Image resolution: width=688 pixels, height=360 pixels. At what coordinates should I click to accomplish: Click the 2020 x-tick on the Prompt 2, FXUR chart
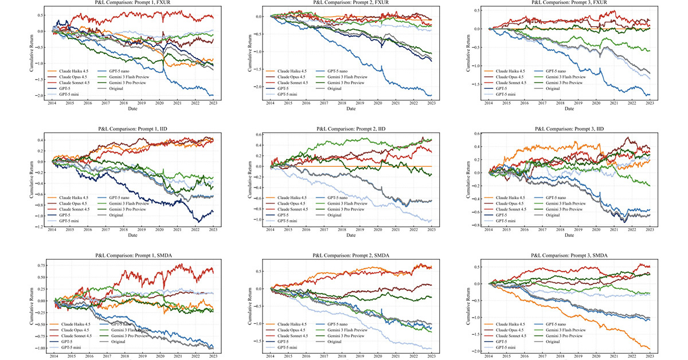[378, 103]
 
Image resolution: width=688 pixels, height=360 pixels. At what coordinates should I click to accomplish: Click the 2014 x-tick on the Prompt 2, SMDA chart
[271, 356]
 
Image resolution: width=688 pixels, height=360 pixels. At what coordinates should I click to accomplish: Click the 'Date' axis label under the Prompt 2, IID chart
[351, 236]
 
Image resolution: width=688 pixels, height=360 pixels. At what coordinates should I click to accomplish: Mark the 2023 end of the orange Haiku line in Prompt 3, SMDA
[650, 348]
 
